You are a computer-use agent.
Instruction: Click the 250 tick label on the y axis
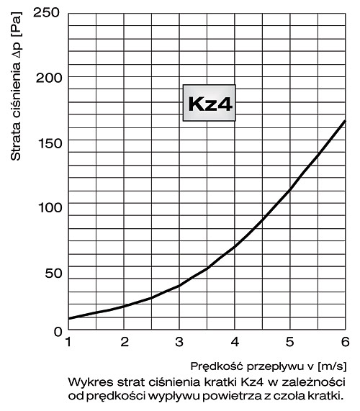(46, 12)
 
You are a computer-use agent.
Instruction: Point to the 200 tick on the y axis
(49, 78)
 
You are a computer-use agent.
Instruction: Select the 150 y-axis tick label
(50, 143)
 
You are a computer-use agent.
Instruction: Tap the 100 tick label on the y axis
(50, 207)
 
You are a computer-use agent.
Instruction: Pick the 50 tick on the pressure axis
(53, 273)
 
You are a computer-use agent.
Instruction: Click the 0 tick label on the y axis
(58, 332)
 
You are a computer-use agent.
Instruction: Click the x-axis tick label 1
(68, 342)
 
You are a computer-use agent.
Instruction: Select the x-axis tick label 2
(125, 342)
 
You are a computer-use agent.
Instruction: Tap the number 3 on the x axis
(179, 342)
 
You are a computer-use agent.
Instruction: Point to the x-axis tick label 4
(235, 342)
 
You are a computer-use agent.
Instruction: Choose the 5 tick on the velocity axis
(289, 342)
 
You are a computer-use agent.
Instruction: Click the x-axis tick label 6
(346, 342)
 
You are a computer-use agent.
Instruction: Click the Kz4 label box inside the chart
(210, 103)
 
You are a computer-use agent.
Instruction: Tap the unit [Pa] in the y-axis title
(17, 24)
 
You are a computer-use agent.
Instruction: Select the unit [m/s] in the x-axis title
(332, 366)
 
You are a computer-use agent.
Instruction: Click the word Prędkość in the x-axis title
(217, 366)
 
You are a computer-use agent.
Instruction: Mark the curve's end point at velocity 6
(345, 121)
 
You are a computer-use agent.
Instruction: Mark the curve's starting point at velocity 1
(69, 318)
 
